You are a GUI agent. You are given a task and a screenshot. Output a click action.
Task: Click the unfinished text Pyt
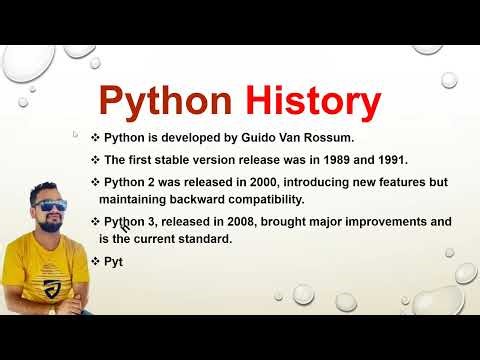tap(113, 261)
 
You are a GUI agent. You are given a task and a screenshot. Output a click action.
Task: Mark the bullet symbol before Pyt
tap(96, 261)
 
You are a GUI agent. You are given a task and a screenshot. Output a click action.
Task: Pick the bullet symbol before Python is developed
tap(82, 137)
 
